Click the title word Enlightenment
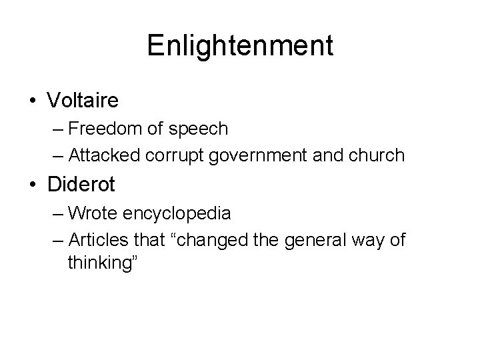pyautogui.click(x=240, y=46)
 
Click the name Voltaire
pyautogui.click(x=83, y=101)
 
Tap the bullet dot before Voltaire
pyautogui.click(x=33, y=101)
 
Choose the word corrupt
pyautogui.click(x=180, y=155)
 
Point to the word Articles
pyautogui.click(x=98, y=240)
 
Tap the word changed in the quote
pyautogui.click(x=222, y=240)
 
